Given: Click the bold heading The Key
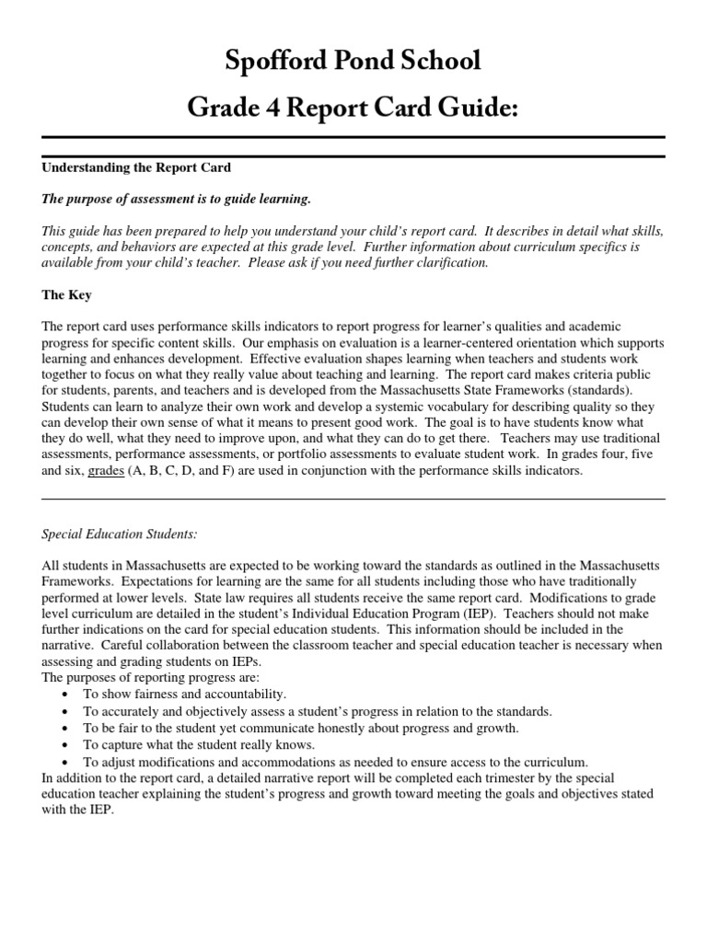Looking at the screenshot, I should tap(66, 295).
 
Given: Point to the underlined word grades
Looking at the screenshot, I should tap(106, 471).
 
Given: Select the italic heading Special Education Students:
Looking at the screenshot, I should tap(120, 534).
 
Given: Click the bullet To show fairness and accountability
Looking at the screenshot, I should tap(184, 694).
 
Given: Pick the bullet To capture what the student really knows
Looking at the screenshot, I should tap(199, 744).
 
